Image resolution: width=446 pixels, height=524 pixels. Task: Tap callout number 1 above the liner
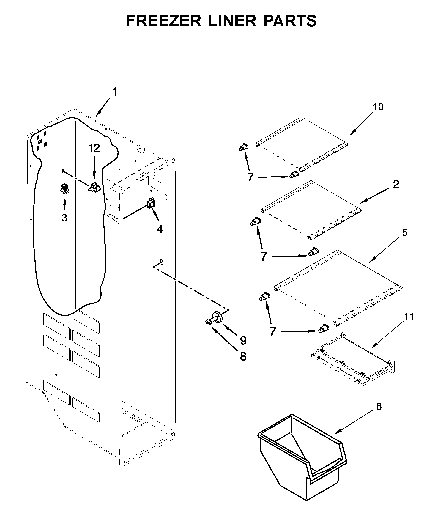[x=115, y=92]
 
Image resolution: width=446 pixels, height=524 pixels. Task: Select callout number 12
[x=94, y=148]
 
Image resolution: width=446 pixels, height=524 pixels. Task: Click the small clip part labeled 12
[x=94, y=187]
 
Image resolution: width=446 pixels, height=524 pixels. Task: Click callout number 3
[x=64, y=218]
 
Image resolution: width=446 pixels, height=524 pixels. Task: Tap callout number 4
[x=160, y=229]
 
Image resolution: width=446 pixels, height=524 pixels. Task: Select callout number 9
[x=243, y=341]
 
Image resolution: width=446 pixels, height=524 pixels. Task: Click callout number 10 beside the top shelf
[x=378, y=107]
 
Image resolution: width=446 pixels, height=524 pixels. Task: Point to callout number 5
[x=405, y=232]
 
